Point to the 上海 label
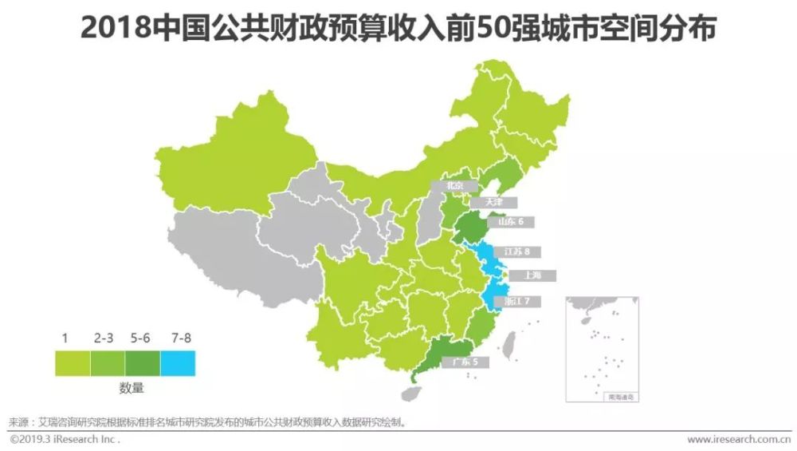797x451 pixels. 532,275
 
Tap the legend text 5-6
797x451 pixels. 141,338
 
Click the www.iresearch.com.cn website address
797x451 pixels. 738,440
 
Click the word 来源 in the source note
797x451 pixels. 18,421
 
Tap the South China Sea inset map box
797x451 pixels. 603,348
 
